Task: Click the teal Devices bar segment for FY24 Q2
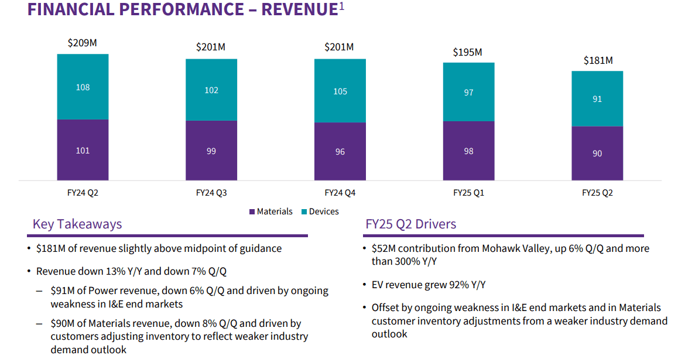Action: (83, 87)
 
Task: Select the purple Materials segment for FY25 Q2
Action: (597, 153)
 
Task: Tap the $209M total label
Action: (83, 43)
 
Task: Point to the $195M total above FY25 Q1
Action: (467, 52)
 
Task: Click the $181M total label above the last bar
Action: (598, 60)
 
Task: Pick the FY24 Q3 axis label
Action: (211, 192)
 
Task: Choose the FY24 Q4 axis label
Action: (340, 192)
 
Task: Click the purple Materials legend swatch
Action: (252, 212)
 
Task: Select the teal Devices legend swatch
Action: (304, 212)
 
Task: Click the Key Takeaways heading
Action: (77, 224)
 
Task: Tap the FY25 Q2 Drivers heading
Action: (410, 224)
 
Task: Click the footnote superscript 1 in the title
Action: (342, 6)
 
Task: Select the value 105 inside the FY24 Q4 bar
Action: (340, 91)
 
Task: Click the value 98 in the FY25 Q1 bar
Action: (468, 151)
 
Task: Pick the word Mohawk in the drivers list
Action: (499, 248)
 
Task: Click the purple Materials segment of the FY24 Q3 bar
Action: (211, 151)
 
